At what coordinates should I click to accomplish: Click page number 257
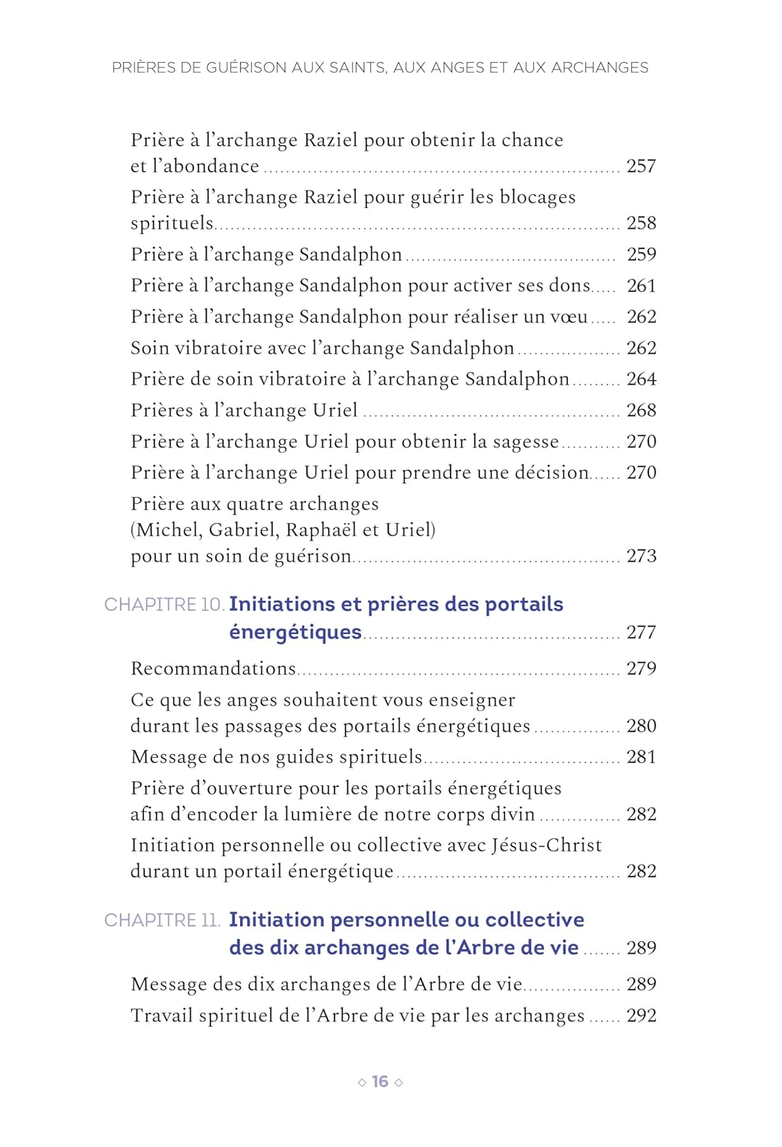pos(641,166)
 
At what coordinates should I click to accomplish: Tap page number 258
pos(641,223)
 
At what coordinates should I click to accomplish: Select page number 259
pos(641,254)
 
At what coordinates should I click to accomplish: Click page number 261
pos(641,285)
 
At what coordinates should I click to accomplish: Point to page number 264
pos(641,379)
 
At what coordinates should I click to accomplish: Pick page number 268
pos(641,410)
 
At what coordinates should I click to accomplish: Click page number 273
pos(641,556)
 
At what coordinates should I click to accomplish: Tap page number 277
pos(641,632)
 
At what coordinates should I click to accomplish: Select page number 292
pos(641,1015)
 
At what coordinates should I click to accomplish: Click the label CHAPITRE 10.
pos(164,605)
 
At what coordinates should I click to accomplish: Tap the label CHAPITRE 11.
pos(162,920)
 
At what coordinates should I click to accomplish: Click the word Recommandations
pos(213,668)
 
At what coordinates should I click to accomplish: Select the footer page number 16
pos(380,1081)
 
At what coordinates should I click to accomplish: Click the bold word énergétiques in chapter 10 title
pos(295,632)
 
